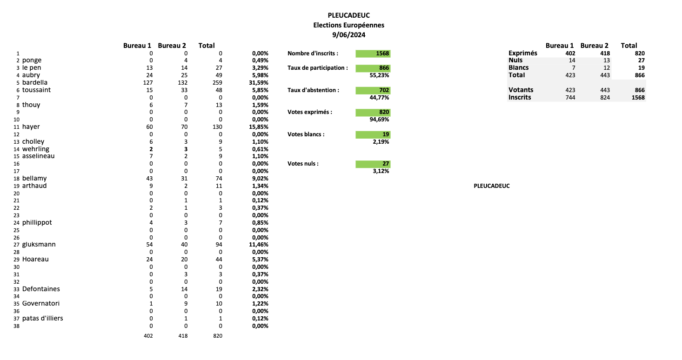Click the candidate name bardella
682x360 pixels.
coord(35,82)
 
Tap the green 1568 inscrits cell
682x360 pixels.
coord(373,53)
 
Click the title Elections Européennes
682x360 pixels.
coord(348,25)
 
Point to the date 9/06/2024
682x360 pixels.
coord(348,35)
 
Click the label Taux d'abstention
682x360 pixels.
coord(313,90)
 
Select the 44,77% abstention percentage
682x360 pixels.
coord(381,98)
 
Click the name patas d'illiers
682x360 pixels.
coord(42,318)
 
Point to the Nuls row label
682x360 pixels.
coord(515,60)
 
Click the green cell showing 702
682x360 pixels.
coord(373,90)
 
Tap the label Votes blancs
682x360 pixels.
coord(306,134)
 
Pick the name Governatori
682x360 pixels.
coord(41,303)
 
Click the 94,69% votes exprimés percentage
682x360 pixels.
coord(381,120)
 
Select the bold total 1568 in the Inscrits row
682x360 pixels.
coord(638,97)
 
